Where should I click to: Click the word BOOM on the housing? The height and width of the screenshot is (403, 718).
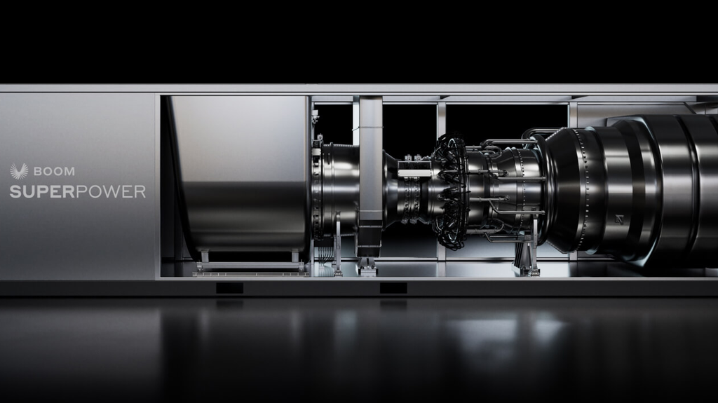(x=54, y=172)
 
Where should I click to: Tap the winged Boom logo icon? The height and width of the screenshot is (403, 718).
(x=19, y=171)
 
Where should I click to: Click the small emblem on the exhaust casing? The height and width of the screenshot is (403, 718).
(x=619, y=219)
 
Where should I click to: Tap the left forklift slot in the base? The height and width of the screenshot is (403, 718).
(x=229, y=288)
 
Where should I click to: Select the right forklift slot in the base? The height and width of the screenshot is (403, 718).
(x=393, y=288)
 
